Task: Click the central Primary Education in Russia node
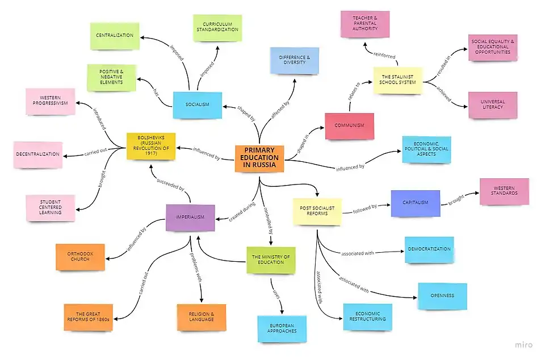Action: coord(259,158)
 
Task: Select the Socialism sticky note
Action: coord(197,104)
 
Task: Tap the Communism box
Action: coord(349,125)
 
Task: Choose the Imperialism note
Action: coord(190,217)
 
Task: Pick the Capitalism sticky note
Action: coord(415,203)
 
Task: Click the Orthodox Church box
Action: coord(80,257)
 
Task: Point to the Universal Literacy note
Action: coord(493,104)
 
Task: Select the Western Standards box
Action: coord(504,191)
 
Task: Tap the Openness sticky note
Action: coord(442,296)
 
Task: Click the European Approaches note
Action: coord(282,329)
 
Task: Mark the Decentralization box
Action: coord(38,154)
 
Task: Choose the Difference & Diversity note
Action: coord(294,60)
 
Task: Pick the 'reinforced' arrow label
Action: coord(384,55)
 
